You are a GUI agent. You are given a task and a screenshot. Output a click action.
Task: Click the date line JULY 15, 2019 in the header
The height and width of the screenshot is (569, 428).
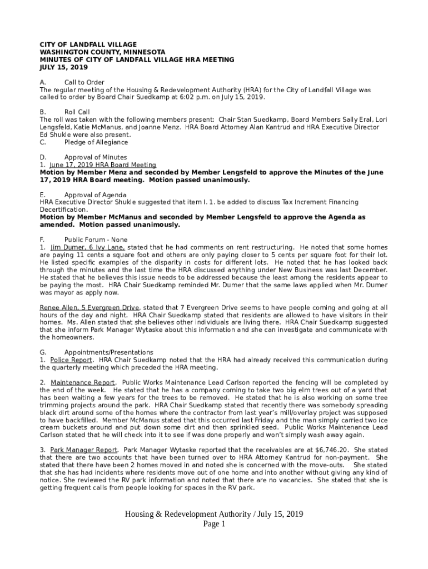pyautogui.click(x=64, y=67)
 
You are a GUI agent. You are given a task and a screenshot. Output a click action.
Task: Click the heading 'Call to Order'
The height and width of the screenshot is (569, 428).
pyautogui.click(x=84, y=82)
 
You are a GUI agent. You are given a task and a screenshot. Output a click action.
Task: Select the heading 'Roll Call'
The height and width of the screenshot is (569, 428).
pyautogui.click(x=77, y=112)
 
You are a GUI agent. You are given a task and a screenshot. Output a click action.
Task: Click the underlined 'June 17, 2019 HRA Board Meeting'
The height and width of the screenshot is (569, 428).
pyautogui.click(x=102, y=165)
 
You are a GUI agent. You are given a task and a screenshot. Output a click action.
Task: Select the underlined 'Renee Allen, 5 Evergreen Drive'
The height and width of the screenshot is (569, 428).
pyautogui.click(x=89, y=307)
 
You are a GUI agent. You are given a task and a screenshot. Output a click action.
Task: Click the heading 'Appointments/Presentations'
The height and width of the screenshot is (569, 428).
pyautogui.click(x=108, y=352)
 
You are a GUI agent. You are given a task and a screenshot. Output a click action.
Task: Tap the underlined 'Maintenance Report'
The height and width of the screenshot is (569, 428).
pyautogui.click(x=83, y=383)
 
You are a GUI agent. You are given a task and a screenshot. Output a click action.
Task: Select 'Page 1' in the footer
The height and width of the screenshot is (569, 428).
pyautogui.click(x=214, y=525)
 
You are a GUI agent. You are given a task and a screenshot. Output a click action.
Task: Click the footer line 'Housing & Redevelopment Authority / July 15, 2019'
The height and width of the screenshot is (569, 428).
pyautogui.click(x=214, y=514)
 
